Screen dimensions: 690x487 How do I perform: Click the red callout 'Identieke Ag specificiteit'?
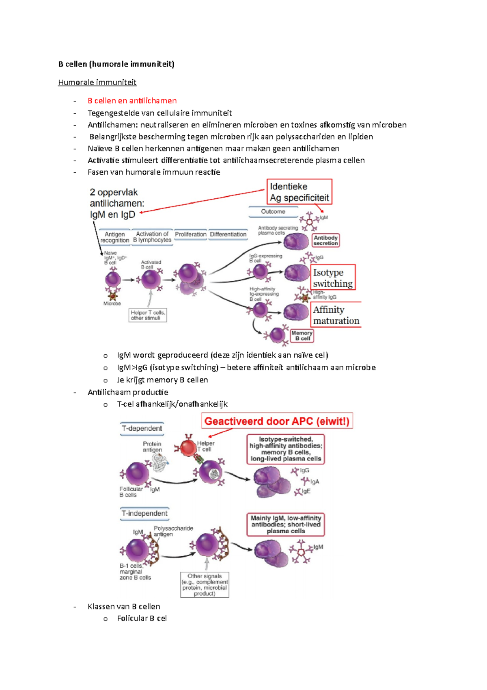coord(299,192)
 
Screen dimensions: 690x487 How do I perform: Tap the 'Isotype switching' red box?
coord(333,278)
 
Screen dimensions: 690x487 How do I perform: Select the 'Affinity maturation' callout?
coord(336,315)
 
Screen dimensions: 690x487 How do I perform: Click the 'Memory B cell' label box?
coord(302,336)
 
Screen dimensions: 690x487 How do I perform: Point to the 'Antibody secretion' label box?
coord(325,241)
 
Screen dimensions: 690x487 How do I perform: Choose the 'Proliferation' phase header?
coord(191,234)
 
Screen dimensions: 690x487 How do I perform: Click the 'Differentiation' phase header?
coord(228,234)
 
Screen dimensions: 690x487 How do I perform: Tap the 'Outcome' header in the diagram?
coord(273,212)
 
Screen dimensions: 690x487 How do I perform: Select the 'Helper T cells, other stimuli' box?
coord(148,315)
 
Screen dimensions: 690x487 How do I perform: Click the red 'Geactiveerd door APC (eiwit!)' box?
coord(277,421)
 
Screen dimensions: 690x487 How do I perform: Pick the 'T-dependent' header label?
coord(142,428)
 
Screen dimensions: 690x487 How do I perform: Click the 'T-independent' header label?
coord(145,514)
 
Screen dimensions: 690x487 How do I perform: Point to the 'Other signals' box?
coord(205,585)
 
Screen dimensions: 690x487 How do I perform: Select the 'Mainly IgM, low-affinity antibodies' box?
coord(286,525)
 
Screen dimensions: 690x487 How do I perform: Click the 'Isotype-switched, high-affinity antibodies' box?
coord(286,449)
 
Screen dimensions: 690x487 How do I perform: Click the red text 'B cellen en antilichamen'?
coord(132,101)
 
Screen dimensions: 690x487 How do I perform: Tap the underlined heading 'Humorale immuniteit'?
coord(97,82)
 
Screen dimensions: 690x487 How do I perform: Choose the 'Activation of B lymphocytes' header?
coord(152,237)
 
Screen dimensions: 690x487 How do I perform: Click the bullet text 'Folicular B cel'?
coord(142,618)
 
